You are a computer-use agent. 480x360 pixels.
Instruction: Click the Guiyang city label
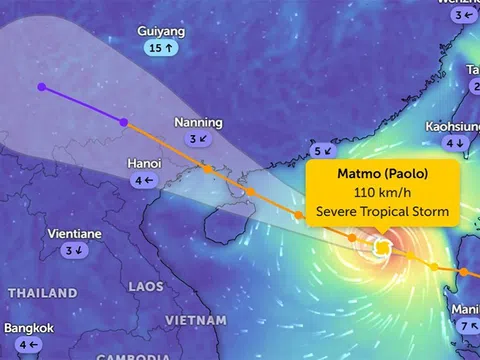tap(161, 32)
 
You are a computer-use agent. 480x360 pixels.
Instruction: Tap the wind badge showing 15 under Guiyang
tap(161, 48)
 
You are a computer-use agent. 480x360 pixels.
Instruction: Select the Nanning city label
tap(198, 122)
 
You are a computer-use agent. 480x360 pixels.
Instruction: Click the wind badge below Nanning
tap(198, 139)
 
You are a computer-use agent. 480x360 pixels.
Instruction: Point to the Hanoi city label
tap(145, 163)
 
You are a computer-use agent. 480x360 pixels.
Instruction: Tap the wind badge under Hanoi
tap(144, 180)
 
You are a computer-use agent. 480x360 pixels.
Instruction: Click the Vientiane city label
tap(74, 234)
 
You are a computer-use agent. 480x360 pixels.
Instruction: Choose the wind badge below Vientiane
tap(74, 251)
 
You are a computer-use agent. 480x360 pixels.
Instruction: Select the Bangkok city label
tap(29, 328)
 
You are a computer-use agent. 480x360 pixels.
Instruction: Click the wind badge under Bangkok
tap(29, 345)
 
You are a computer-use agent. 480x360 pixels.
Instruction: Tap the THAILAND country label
tap(42, 293)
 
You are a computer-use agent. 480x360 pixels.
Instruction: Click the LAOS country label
tap(146, 286)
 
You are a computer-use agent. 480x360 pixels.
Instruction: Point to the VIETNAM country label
tap(195, 319)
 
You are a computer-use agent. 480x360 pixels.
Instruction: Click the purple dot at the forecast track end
tap(41, 87)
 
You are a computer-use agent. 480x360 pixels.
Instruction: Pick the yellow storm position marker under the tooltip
tap(381, 248)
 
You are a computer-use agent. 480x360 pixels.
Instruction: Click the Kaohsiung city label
tap(454, 127)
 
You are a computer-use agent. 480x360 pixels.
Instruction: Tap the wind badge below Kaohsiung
tap(455, 144)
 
